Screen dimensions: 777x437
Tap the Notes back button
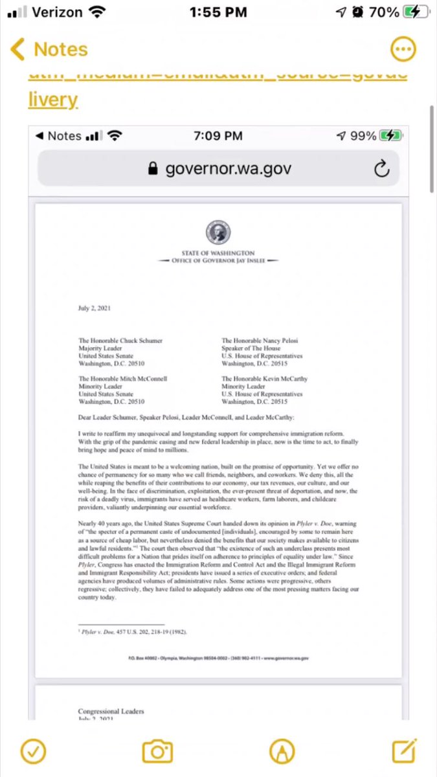(49, 49)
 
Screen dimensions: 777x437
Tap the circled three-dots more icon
(403, 49)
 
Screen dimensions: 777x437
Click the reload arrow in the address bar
(382, 169)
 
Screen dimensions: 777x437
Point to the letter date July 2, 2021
(94, 308)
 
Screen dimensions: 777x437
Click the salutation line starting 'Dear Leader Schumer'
(213, 418)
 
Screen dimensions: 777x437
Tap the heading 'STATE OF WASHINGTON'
(218, 253)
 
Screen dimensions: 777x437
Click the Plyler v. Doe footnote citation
(133, 631)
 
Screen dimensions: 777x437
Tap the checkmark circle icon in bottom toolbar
(32, 751)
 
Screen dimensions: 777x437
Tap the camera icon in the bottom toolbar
(157, 751)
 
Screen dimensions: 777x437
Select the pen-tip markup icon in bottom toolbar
(282, 751)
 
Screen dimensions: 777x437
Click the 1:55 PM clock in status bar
(218, 13)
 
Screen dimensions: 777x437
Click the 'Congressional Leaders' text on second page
(111, 711)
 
